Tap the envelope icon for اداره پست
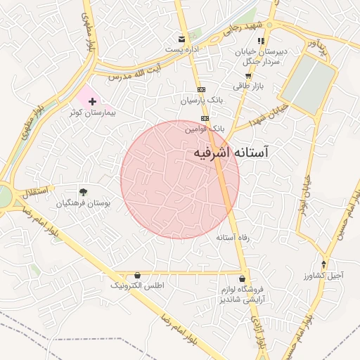click(183, 38)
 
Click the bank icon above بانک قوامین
click(205, 119)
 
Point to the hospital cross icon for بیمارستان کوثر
click(92, 102)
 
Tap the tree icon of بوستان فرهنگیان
click(84, 191)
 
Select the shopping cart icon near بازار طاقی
click(247, 75)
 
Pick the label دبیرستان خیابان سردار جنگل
click(262, 57)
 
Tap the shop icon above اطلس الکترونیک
click(137, 275)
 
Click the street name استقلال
click(34, 191)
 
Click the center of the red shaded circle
click(180, 179)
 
